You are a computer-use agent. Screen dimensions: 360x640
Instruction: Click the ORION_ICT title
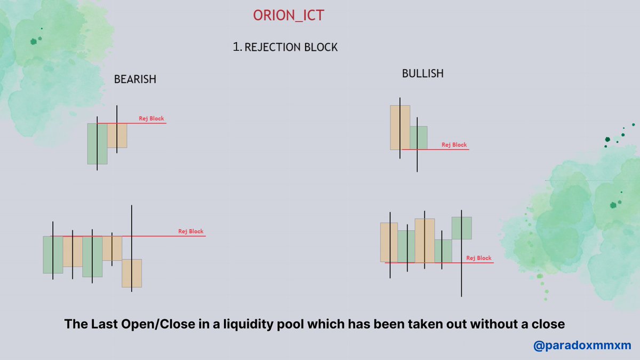[289, 15]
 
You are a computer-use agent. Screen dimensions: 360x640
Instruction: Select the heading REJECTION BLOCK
[291, 47]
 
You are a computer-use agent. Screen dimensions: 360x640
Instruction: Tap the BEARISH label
[135, 79]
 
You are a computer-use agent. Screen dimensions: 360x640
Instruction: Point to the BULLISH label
[422, 74]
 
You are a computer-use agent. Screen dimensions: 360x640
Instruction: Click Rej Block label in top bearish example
[151, 118]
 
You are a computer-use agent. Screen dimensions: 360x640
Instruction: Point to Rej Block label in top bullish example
[454, 145]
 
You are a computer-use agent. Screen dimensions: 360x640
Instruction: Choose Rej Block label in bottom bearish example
[191, 231]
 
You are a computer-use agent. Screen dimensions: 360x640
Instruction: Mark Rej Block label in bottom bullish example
[478, 258]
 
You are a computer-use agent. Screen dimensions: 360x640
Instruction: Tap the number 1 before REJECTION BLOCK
[236, 47]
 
